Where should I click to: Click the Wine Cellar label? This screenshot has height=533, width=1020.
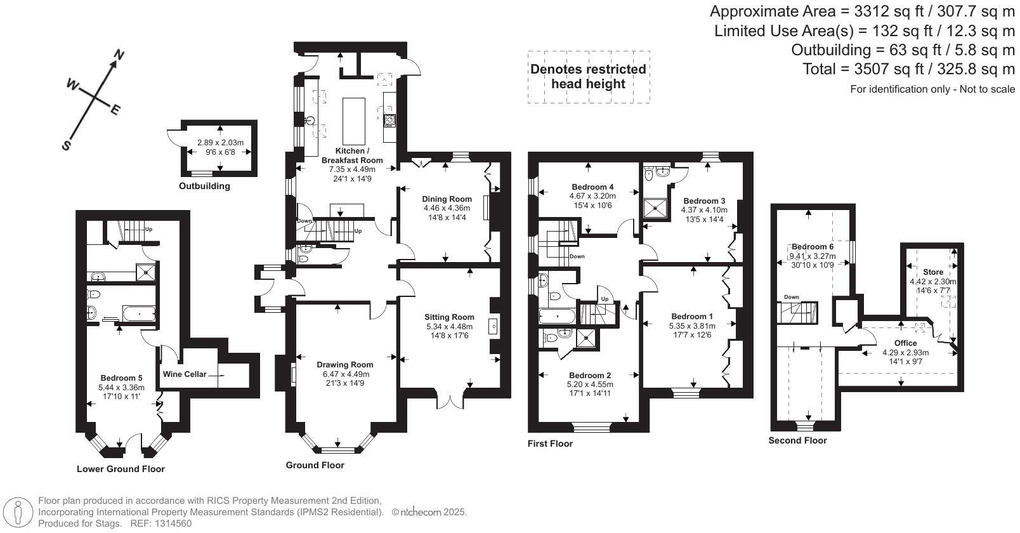tap(185, 374)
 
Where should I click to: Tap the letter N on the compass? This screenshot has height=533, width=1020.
tap(118, 56)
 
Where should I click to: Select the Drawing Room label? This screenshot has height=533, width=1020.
tap(345, 365)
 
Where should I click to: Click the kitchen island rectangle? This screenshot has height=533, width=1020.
tap(354, 121)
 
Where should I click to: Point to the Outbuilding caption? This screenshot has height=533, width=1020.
tap(204, 187)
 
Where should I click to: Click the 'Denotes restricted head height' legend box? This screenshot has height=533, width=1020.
tap(589, 77)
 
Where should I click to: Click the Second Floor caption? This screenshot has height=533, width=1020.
tap(797, 440)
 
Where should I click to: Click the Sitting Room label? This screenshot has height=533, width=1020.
tap(450, 317)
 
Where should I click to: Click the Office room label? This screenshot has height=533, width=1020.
tap(905, 343)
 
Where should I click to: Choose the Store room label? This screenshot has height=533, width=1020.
tap(932, 272)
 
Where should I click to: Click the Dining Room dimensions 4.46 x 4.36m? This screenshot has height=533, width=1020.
tap(447, 208)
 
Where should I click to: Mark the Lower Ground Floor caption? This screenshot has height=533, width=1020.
tap(121, 470)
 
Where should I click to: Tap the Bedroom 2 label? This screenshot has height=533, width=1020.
tap(590, 375)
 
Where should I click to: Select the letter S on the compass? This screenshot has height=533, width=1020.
tap(66, 146)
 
